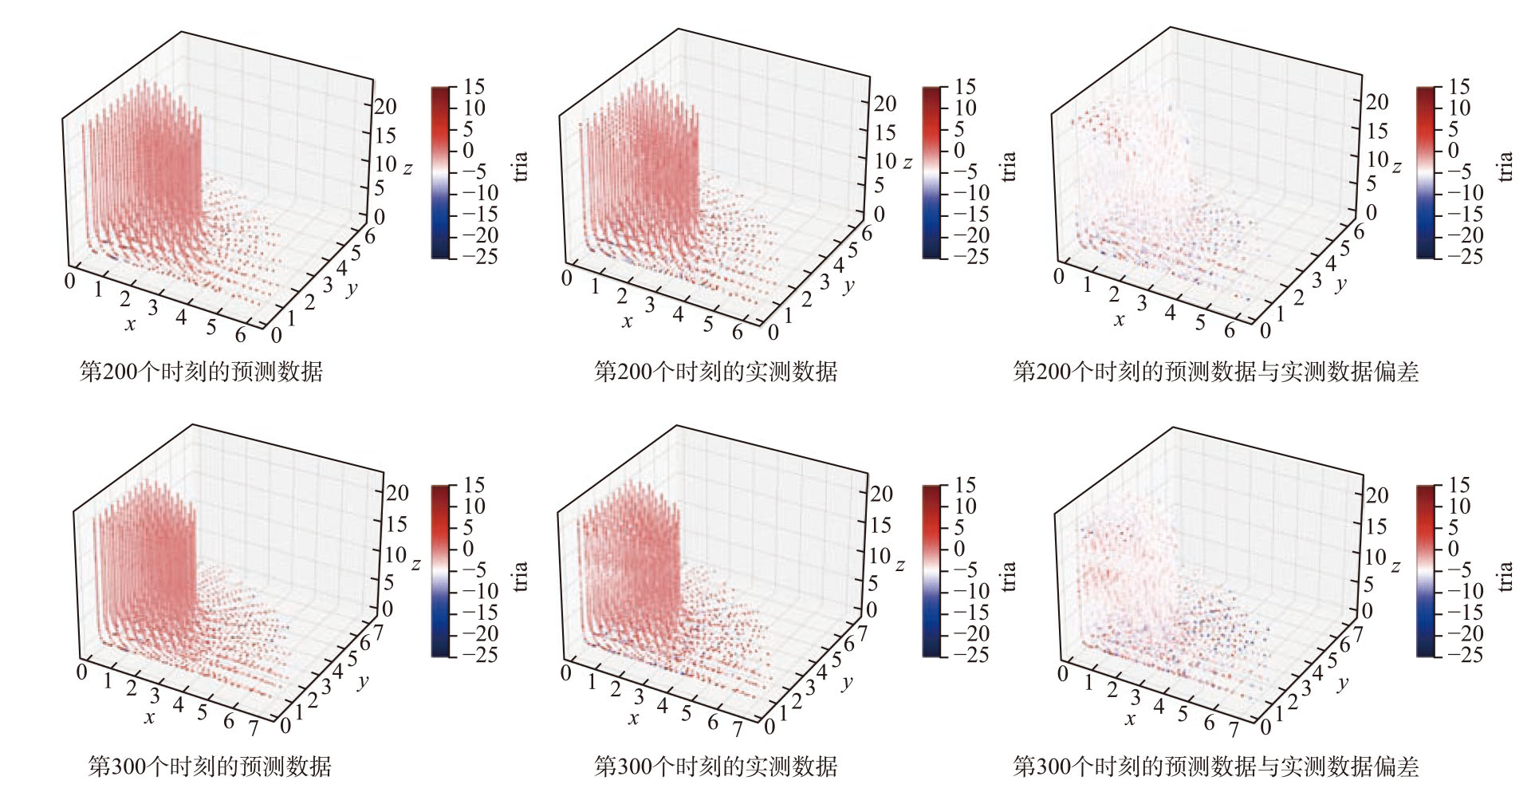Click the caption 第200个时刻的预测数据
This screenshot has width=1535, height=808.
click(201, 371)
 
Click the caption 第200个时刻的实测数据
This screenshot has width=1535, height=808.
click(715, 371)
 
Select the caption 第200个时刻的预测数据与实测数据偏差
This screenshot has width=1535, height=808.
click(1215, 371)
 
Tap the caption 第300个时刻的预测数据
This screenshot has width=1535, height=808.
click(209, 767)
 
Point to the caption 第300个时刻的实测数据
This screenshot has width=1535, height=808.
click(715, 767)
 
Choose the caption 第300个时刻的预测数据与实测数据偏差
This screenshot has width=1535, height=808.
click(1215, 767)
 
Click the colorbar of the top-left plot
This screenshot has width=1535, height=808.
click(441, 172)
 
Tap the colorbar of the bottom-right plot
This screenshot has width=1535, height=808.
click(1426, 570)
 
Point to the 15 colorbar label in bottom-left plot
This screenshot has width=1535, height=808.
click(474, 485)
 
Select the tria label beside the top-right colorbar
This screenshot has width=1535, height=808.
click(1505, 167)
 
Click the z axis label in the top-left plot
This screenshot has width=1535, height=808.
click(407, 168)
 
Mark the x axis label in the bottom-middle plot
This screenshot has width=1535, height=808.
click(633, 719)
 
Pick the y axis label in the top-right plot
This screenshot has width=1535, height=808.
click(1341, 284)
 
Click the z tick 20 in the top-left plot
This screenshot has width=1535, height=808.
click(386, 107)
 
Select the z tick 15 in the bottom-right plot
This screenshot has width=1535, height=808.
click(1377, 526)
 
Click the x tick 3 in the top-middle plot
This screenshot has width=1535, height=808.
click(650, 304)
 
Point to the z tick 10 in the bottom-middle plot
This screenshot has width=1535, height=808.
click(880, 555)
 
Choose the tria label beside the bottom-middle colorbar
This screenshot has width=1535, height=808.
click(1010, 575)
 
